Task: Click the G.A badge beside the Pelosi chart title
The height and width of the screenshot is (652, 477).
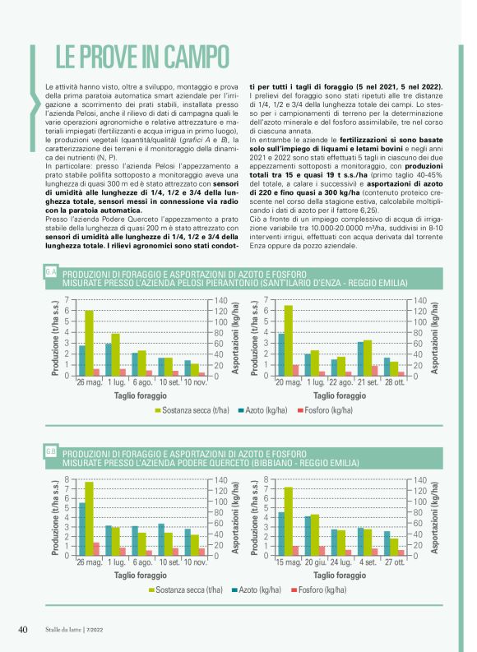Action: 51,271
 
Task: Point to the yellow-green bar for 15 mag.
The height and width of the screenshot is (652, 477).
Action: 289,520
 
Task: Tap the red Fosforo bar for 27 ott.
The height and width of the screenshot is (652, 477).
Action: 402,552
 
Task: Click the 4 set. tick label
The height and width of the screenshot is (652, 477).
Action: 368,563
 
